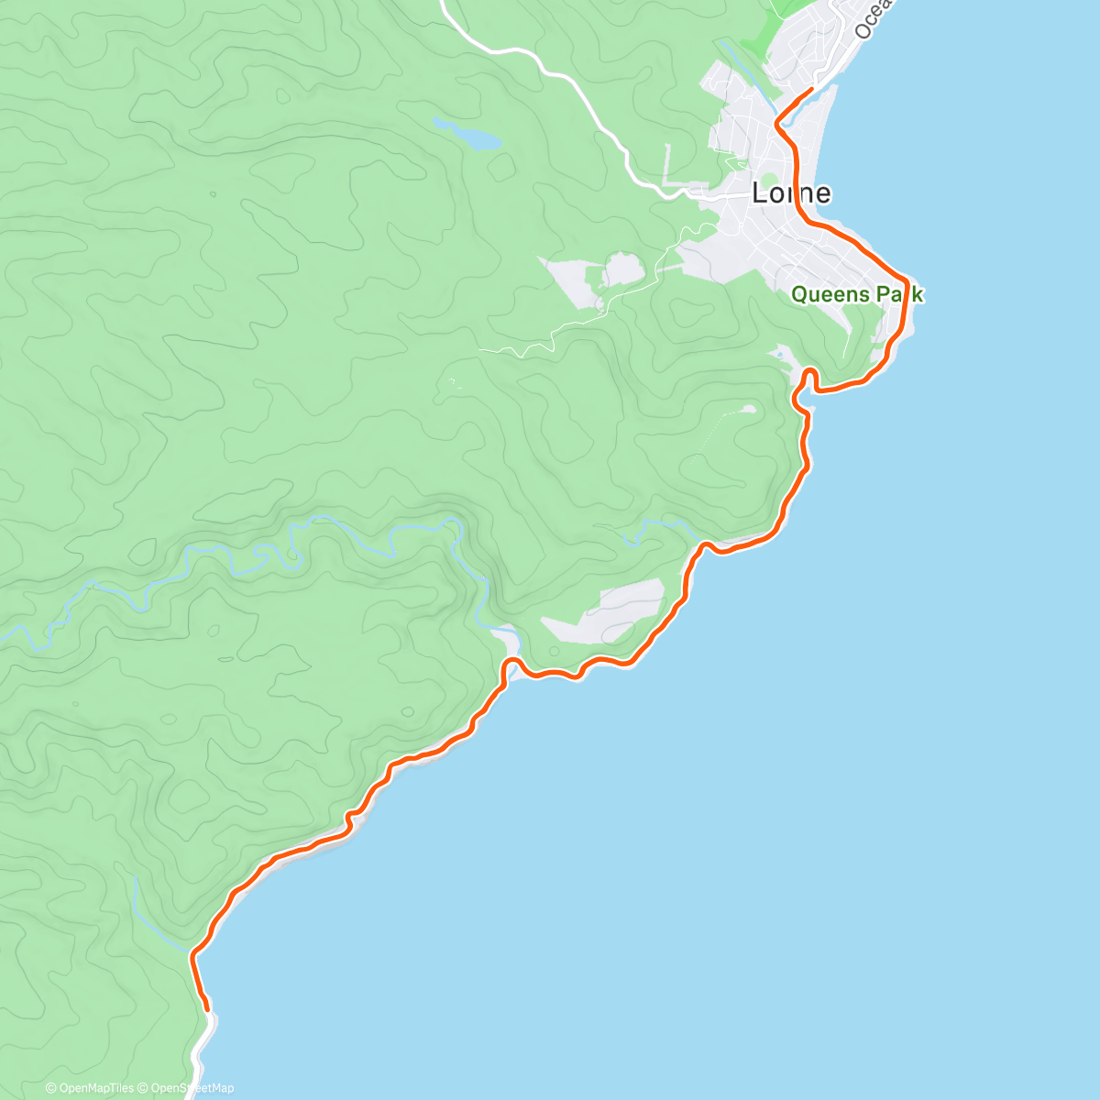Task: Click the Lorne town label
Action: tap(791, 193)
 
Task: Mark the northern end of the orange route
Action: tap(811, 89)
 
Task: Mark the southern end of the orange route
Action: tap(208, 1009)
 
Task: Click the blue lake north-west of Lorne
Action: tap(473, 137)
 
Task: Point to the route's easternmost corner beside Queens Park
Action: tap(907, 280)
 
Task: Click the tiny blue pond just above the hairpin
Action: tap(779, 353)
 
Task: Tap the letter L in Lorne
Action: tap(759, 193)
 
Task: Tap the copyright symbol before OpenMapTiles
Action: tap(50, 1088)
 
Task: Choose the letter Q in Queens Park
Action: tap(797, 295)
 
